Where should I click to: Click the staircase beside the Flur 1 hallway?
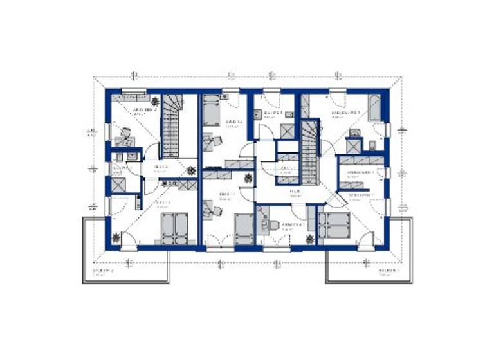pos(310,152)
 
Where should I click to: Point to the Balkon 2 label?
pos(103,271)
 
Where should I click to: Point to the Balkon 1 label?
pos(388,271)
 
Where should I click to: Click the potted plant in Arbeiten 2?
pos(155,101)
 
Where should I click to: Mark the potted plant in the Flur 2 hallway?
pos(191,170)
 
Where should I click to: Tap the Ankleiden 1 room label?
pos(360,173)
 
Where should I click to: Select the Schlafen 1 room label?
pos(361,195)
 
